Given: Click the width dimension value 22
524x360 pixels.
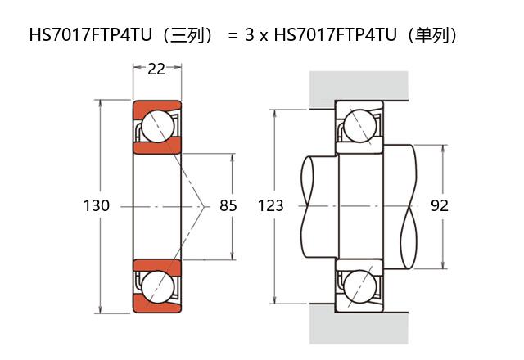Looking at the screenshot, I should pyautogui.click(x=156, y=70).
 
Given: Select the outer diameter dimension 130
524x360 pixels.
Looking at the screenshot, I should pyautogui.click(x=97, y=206).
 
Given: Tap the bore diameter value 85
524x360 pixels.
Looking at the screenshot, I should pyautogui.click(x=228, y=206).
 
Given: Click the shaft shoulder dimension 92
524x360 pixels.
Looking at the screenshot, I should pyautogui.click(x=439, y=206).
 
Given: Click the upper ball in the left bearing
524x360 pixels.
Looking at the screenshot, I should pyautogui.click(x=156, y=126).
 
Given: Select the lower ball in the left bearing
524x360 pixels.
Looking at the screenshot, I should pyautogui.click(x=156, y=286).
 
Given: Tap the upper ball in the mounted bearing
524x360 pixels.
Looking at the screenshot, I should pyautogui.click(x=359, y=126).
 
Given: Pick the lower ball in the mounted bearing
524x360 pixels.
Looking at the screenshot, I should pyautogui.click(x=359, y=286).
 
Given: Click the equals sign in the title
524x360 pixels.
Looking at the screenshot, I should pyautogui.click(x=233, y=36).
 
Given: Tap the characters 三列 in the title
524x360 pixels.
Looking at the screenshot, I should pyautogui.click(x=189, y=36).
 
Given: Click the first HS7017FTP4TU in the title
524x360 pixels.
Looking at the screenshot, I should pyautogui.click(x=93, y=36).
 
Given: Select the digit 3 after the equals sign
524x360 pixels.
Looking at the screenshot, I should pyautogui.click(x=249, y=36).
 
